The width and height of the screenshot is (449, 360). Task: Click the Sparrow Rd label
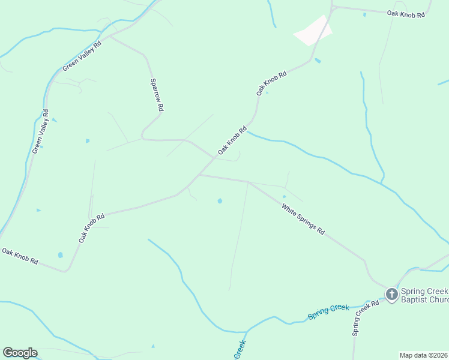pyautogui.click(x=157, y=95)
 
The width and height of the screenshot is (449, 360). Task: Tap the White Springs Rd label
pyautogui.click(x=304, y=219)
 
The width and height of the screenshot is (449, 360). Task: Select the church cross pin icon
pyautogui.click(x=391, y=294)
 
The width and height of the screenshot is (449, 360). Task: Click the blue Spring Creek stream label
pyautogui.click(x=328, y=311)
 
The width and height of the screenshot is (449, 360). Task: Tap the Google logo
pyautogui.click(x=20, y=353)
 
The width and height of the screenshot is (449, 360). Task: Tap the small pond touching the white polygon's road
pyautogui.click(x=318, y=61)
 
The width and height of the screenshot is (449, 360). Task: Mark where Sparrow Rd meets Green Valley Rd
pyautogui.click(x=109, y=37)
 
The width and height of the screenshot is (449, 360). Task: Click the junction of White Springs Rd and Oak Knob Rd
pyautogui.click(x=199, y=175)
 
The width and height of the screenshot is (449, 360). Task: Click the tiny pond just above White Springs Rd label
pyautogui.click(x=284, y=196)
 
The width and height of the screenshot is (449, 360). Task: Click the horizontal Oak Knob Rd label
pyautogui.click(x=406, y=13)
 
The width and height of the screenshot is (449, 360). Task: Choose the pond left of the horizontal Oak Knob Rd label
pyautogui.click(x=364, y=14)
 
